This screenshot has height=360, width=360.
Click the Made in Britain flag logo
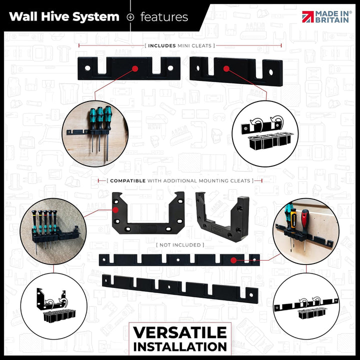click(308, 17)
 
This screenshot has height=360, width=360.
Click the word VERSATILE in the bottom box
click(180, 332)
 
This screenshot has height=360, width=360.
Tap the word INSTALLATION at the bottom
click(180, 347)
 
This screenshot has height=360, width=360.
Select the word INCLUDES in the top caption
click(162, 45)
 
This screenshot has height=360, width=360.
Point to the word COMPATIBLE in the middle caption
click(127, 180)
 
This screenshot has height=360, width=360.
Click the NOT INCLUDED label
click(180, 245)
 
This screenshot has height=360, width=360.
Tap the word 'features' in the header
click(164, 17)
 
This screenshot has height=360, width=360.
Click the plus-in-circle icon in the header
click(130, 17)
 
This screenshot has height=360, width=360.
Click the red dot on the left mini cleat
click(135, 68)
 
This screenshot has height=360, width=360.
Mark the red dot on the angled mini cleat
click(226, 68)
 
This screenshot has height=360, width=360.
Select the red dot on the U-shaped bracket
click(115, 210)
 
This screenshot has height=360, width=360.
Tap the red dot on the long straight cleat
click(233, 260)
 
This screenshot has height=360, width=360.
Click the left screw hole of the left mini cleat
click(87, 68)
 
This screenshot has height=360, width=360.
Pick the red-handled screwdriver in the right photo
click(304, 230)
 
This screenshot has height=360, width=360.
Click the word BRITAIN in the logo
click(332, 20)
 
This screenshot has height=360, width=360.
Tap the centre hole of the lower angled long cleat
click(169, 287)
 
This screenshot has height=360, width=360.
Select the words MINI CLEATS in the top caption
click(194, 45)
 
